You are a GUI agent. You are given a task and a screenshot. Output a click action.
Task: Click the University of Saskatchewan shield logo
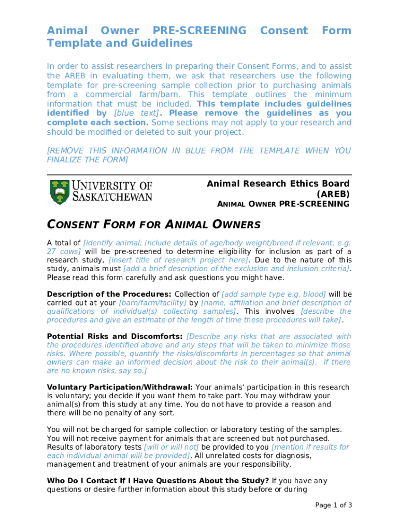(x=58, y=192)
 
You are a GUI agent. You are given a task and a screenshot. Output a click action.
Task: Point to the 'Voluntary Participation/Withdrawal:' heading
(x=120, y=387)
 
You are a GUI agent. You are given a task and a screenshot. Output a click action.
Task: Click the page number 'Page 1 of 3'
(x=334, y=505)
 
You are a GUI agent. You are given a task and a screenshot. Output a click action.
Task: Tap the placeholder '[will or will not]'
(x=171, y=447)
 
